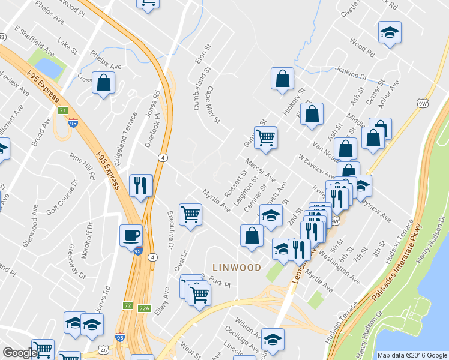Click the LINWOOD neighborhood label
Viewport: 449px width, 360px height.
[x=237, y=267]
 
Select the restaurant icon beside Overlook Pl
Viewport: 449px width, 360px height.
[x=141, y=185]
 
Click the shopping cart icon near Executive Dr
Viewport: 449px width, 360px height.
[x=190, y=214]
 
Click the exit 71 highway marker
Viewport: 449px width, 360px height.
[x=62, y=111]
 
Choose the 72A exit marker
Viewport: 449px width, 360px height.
[x=144, y=308]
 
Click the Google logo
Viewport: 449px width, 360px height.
[x=20, y=353]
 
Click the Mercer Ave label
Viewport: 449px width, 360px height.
[x=260, y=170]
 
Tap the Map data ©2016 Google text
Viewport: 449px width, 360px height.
[x=412, y=355]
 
